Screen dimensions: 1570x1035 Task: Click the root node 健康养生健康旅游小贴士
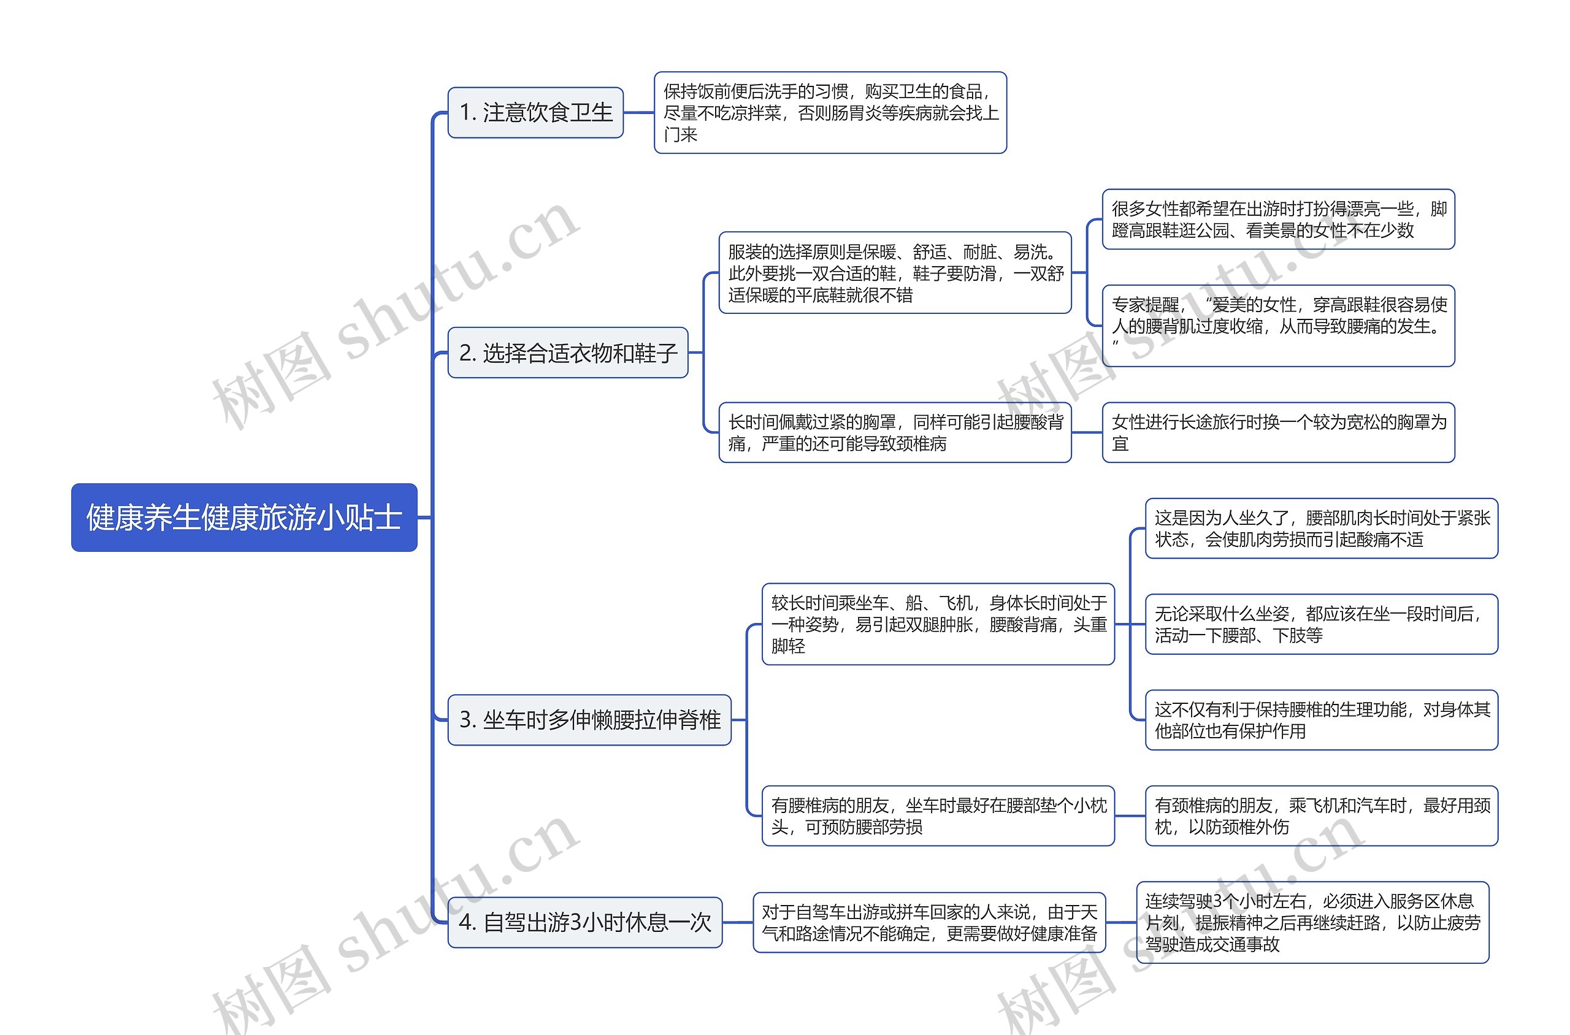244,517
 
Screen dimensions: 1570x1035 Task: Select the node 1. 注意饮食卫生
535,113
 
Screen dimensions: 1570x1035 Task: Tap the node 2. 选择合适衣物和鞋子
568,353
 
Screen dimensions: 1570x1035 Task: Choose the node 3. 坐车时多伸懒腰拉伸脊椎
589,719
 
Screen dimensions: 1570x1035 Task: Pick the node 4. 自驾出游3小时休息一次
585,922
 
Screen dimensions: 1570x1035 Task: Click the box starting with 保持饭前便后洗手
830,113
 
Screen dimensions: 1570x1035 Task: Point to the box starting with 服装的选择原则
895,273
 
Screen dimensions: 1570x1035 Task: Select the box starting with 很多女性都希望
1279,219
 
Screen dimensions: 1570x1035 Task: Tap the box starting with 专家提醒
1279,326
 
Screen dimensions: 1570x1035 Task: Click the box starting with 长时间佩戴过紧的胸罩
895,432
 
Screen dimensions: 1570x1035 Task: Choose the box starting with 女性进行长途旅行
1279,432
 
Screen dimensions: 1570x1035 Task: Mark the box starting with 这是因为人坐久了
1322,528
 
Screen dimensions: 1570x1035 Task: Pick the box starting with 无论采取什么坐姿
1322,624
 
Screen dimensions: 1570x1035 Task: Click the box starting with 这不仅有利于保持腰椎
1322,720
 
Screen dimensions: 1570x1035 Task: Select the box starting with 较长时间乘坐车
938,624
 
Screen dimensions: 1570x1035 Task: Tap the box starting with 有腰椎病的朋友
938,816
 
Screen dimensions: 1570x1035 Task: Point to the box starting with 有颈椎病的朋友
1322,816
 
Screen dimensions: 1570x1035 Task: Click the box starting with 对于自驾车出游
930,923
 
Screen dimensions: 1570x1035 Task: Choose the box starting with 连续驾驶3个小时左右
1312,923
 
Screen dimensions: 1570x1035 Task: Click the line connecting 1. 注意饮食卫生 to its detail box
638,113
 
